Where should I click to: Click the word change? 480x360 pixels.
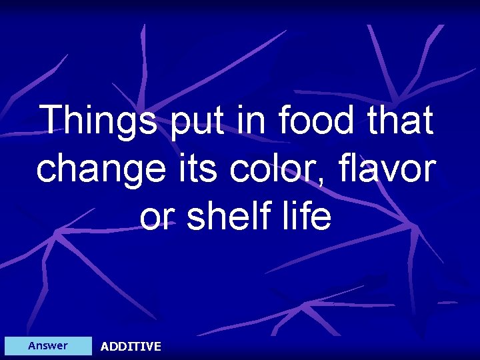(x=99, y=169)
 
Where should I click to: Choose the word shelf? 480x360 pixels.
(x=233, y=216)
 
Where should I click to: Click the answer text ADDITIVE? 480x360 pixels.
(x=131, y=346)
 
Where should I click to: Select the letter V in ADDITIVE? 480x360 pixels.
(x=148, y=346)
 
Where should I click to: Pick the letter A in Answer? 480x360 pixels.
(x=32, y=345)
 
